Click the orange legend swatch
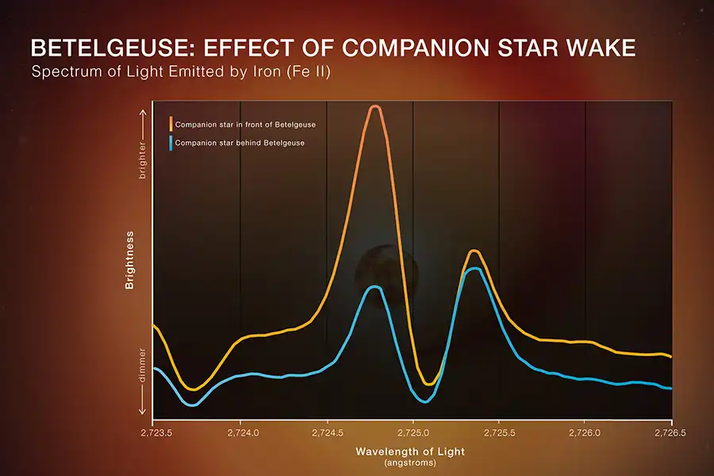[171, 124]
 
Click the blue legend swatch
[171, 143]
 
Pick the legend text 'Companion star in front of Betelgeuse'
[246, 125]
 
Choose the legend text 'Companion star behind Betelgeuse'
[240, 143]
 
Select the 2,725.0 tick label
[413, 434]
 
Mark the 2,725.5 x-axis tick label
[498, 434]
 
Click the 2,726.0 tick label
[585, 434]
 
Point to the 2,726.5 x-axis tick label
[671, 434]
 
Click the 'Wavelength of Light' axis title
[411, 451]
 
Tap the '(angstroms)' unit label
[411, 462]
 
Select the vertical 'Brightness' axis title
[129, 260]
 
